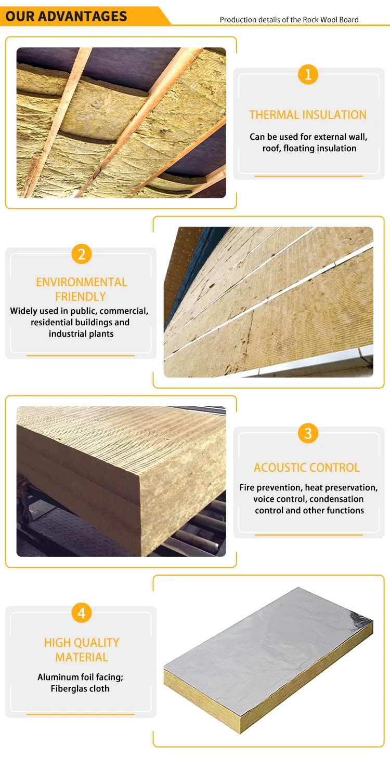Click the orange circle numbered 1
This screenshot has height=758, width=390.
pos(308,75)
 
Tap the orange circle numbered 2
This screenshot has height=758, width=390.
pos(82,255)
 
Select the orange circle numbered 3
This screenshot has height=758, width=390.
pos(308,433)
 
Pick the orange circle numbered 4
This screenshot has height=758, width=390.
pos(82,613)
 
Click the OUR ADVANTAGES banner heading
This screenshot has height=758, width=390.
pos(67,16)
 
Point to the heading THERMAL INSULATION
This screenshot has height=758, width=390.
pos(308,115)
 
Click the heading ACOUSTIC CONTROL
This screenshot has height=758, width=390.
pos(307,468)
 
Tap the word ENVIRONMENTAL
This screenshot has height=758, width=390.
pos(82,283)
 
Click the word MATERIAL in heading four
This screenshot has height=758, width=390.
pos(82,657)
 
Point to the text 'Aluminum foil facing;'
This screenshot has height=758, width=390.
pos(81,677)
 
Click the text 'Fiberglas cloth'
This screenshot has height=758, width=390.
pos(81,689)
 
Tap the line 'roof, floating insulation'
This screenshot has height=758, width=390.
pos(309,149)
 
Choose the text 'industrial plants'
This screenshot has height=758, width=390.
pos(81,334)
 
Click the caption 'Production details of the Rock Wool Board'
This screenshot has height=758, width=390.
pos(289,20)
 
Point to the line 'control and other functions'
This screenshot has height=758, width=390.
pos(309,511)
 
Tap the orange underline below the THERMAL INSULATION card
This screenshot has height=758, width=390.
pos(309,176)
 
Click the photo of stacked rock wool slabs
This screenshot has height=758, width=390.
pos(121,481)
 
